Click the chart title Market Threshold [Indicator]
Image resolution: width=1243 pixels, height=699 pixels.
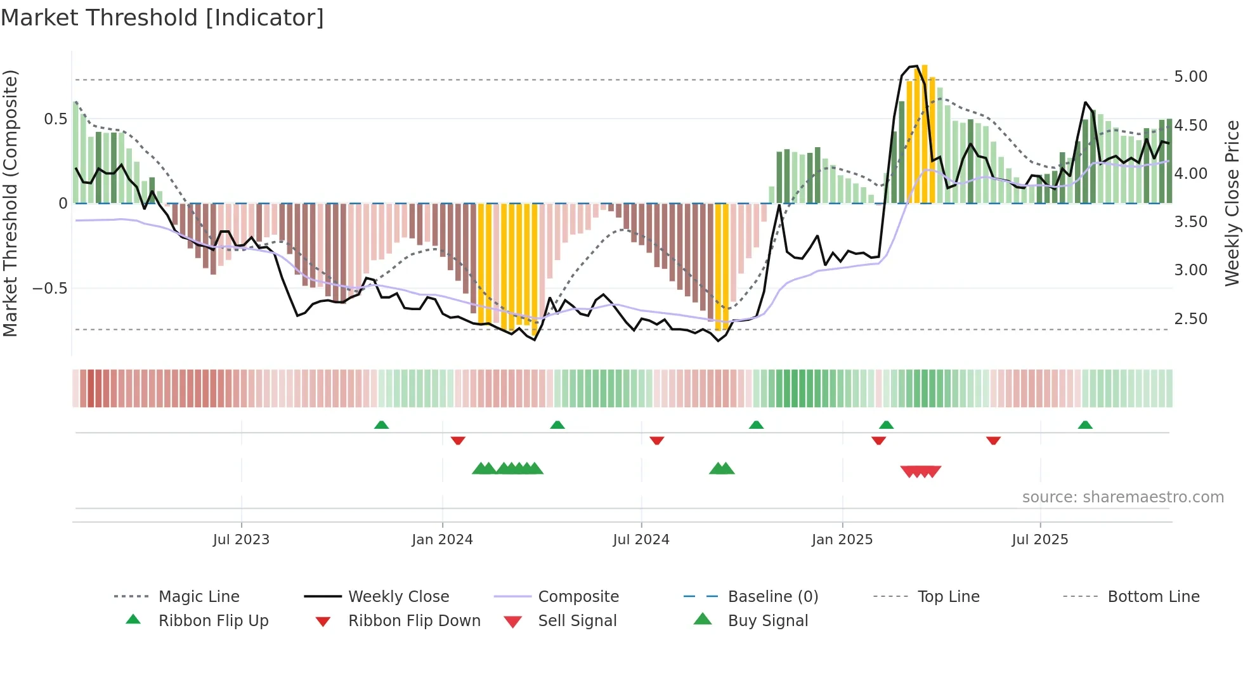coord(162,18)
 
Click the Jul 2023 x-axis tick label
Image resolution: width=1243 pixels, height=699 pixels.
coord(241,540)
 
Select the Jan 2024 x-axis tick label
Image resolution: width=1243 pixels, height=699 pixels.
coord(442,540)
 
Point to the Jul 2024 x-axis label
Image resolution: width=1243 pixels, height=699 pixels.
coord(641,540)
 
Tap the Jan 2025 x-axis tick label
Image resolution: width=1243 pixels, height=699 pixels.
coord(842,540)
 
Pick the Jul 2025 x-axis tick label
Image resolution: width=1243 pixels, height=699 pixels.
coord(1040,540)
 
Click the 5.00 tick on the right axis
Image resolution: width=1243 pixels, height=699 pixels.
coord(1190,77)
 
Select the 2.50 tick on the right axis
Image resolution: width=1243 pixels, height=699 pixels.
coord(1190,319)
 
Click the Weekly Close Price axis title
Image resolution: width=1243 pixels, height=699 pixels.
coord(1232,203)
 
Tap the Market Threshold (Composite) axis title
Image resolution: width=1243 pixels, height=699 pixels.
coord(11,203)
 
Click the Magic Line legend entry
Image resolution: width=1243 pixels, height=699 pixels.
coord(198,597)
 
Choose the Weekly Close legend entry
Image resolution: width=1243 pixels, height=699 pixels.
coord(398,597)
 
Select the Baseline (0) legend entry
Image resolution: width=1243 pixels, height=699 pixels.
coord(772,597)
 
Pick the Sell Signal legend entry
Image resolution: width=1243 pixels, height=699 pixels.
coord(577,621)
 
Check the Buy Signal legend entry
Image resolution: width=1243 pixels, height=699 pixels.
coord(767,621)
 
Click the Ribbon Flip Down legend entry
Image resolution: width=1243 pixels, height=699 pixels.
coord(414,621)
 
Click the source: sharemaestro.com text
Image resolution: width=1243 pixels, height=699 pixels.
coord(1123,497)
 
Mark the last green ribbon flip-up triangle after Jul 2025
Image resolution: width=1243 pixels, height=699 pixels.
coord(1085,425)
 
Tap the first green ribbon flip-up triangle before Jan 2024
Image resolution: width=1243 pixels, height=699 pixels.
coord(381,425)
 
